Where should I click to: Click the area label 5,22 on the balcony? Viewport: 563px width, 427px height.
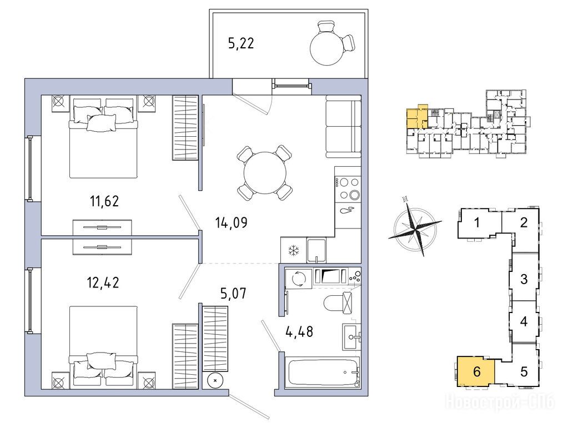coord(241,43)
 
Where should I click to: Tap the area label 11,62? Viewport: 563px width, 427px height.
coord(104,201)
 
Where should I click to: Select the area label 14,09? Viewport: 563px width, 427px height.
coord(231,223)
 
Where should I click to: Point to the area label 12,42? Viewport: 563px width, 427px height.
coord(103,282)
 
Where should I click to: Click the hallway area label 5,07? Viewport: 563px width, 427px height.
coord(233,294)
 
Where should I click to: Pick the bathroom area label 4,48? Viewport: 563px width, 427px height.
coord(299,331)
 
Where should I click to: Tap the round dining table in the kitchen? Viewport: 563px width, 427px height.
coord(265,173)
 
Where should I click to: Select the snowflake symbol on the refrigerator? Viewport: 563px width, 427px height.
coord(294,251)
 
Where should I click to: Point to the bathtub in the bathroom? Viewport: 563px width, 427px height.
coord(322,373)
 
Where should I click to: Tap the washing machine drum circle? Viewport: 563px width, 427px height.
coord(298,278)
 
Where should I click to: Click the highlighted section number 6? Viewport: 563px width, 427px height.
coord(476,371)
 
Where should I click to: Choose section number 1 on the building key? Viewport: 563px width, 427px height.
coord(476,223)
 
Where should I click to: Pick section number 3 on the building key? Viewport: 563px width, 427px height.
coord(524,279)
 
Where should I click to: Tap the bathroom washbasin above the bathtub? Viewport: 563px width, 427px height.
coord(351,337)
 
